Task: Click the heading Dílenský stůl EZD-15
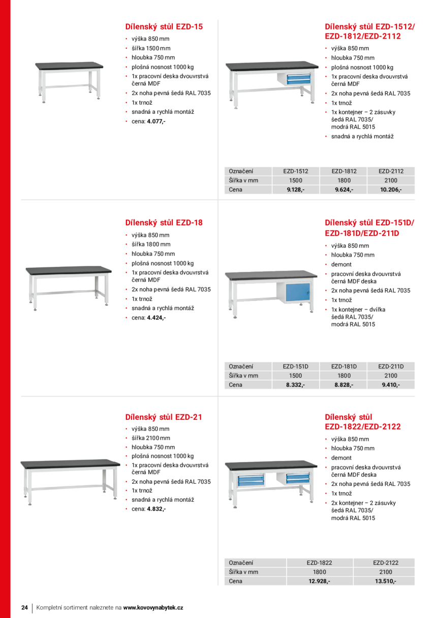click(x=164, y=26)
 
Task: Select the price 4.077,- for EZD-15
click(x=156, y=121)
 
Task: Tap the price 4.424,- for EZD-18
click(x=156, y=318)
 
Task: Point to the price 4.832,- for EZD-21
click(x=156, y=509)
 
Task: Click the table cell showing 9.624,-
click(x=344, y=190)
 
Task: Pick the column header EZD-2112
click(x=391, y=171)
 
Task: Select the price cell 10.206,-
click(x=391, y=190)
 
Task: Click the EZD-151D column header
click(x=296, y=366)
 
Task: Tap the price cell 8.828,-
click(x=344, y=385)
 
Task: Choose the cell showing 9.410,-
click(x=391, y=385)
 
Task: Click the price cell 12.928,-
click(x=319, y=581)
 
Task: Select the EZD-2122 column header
click(x=386, y=563)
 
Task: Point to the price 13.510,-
click(x=386, y=581)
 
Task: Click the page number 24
click(x=24, y=608)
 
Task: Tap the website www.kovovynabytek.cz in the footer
click(x=153, y=608)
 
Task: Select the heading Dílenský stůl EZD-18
click(x=164, y=223)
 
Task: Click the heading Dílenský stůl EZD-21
click(x=164, y=417)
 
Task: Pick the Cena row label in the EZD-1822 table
click(x=236, y=581)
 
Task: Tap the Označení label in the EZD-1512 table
click(x=241, y=171)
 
